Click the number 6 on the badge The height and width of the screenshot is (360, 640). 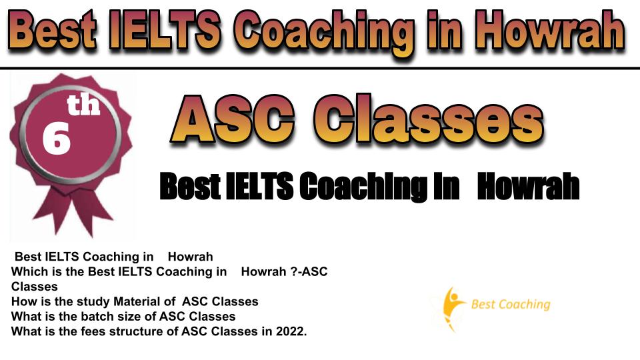tap(56, 139)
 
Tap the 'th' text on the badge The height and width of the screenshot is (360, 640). tap(84, 105)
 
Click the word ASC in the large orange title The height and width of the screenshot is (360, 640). tap(233, 119)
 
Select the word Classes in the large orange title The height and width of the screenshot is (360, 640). tap(429, 119)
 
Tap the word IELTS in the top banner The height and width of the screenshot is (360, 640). tap(165, 30)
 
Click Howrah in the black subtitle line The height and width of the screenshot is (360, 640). tap(529, 186)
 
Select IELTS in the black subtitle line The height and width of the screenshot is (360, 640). tap(259, 186)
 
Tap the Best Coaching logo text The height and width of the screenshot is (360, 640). tap(511, 305)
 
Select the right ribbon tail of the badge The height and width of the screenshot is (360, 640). tap(93, 212)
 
